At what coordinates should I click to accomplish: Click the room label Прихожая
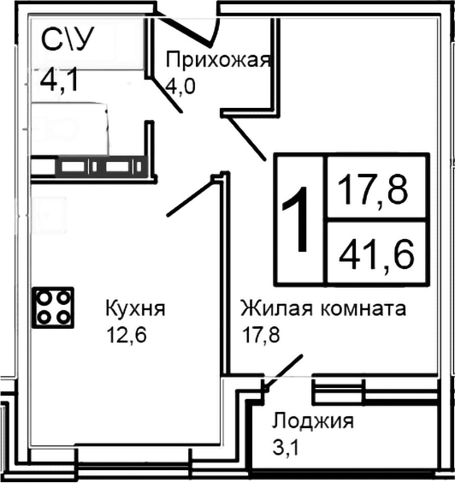pyautogui.click(x=218, y=61)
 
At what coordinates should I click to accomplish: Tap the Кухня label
pyautogui.click(x=134, y=307)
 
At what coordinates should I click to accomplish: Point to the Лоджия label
pyautogui.click(x=312, y=420)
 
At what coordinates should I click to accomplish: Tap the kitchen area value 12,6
pyautogui.click(x=127, y=334)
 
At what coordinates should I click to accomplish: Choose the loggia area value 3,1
pyautogui.click(x=288, y=446)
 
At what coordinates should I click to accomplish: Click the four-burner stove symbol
pyautogui.click(x=53, y=307)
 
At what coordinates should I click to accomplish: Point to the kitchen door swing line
pyautogui.click(x=189, y=196)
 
